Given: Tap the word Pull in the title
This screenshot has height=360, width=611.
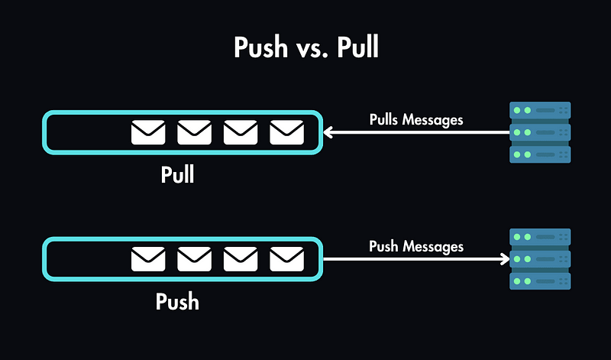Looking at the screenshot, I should pyautogui.click(x=354, y=48).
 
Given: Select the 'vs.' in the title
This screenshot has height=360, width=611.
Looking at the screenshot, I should pyautogui.click(x=309, y=50).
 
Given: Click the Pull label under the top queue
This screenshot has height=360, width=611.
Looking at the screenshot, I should pyautogui.click(x=178, y=174).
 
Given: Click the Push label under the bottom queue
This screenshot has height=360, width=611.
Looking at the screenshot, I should pyautogui.click(x=178, y=301).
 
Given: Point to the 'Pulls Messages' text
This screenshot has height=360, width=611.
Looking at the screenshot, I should pyautogui.click(x=416, y=119).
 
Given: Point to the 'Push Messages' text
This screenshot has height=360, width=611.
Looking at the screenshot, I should pyautogui.click(x=416, y=246).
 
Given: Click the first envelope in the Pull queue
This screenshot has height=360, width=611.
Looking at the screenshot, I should pyautogui.click(x=148, y=133).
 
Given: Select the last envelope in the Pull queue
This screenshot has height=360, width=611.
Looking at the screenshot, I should pyautogui.click(x=286, y=133).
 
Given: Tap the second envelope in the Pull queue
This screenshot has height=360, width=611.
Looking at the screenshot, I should pyautogui.click(x=194, y=133).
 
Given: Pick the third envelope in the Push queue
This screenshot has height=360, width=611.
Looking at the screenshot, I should pyautogui.click(x=241, y=259).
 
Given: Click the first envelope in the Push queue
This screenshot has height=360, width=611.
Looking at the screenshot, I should pyautogui.click(x=148, y=259).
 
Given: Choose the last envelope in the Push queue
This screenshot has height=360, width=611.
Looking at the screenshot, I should pyautogui.click(x=286, y=259).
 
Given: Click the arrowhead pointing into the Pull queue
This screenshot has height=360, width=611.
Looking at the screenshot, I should pyautogui.click(x=328, y=133).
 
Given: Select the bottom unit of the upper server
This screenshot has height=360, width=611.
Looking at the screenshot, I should pyautogui.click(x=540, y=154).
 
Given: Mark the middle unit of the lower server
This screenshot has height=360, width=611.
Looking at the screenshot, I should pyautogui.click(x=540, y=259).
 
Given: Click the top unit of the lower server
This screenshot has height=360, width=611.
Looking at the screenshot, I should pyautogui.click(x=540, y=238).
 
